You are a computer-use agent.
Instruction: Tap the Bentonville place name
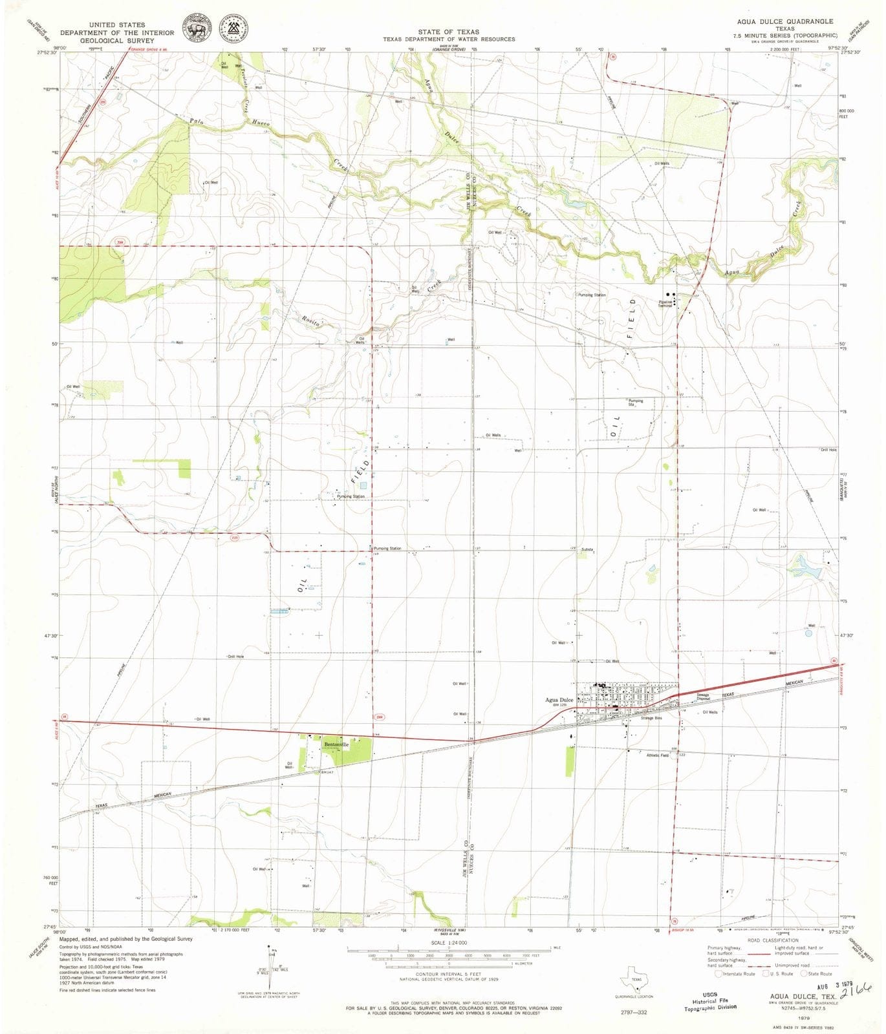pos(336,744)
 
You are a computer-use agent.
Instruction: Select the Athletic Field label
pos(658,755)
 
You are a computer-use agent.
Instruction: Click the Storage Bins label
pos(651,718)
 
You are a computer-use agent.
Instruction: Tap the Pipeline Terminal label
pos(665,303)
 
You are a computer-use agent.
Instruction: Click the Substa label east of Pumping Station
pos(587,549)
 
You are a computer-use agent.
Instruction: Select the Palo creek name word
pos(197,121)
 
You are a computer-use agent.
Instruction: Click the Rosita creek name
pos(312,320)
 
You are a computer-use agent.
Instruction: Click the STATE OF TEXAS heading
pos(448,32)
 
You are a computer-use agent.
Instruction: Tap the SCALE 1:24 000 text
pos(449,942)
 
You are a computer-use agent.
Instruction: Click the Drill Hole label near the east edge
pos(828,450)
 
